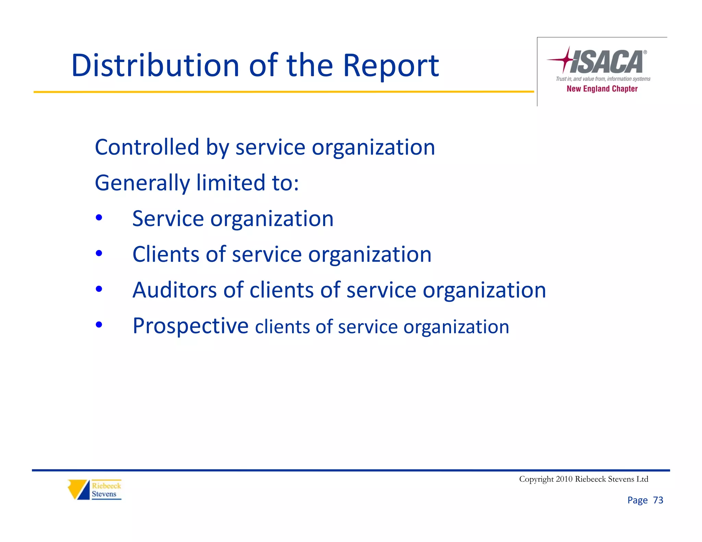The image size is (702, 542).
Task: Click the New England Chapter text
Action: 602,89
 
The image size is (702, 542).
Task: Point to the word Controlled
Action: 147,147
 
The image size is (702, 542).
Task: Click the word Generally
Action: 142,183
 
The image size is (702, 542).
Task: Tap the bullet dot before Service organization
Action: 99,218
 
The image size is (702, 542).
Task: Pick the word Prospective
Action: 190,326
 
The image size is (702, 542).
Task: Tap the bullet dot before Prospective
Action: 99,324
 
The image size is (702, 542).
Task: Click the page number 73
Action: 658,500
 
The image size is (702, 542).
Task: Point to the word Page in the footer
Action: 637,500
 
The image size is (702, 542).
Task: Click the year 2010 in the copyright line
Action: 564,479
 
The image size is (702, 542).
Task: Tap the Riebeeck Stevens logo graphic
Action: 79,489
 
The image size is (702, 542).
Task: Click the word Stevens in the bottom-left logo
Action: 104,494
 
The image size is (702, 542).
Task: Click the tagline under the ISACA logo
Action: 603,79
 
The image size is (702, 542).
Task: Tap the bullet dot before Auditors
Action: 99,289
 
